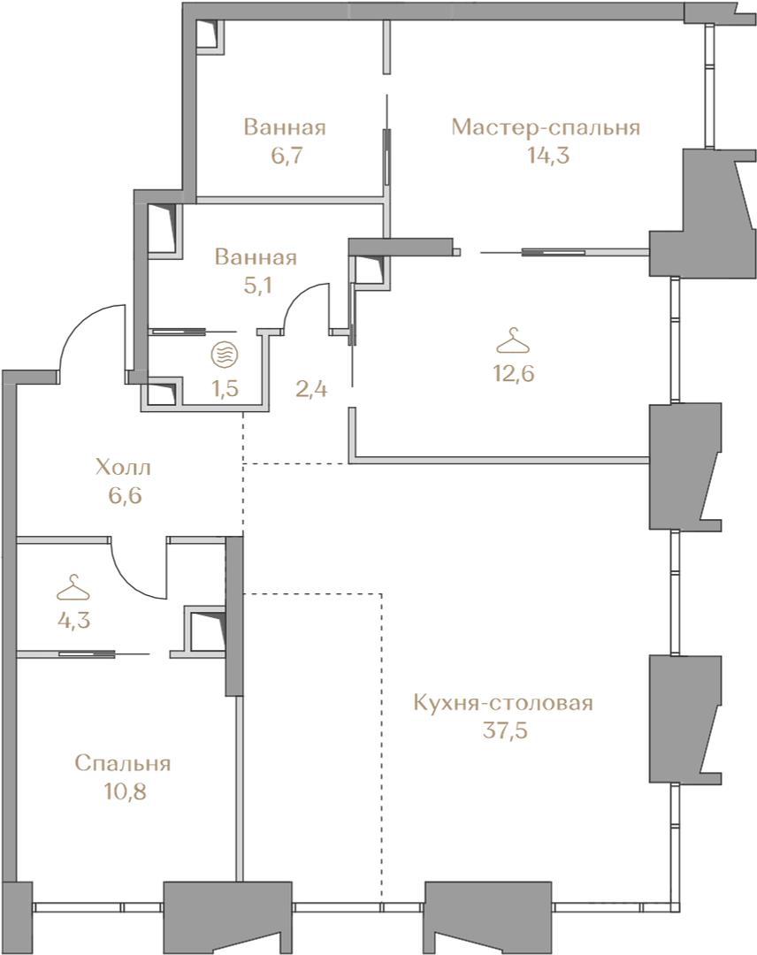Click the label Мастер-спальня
coord(546,128)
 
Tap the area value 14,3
coord(548,156)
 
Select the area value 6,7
coord(287,156)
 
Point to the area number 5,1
coord(257,285)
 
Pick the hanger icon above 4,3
coord(73,587)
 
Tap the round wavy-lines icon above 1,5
coord(222,355)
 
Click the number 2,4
coord(311,388)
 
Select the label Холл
coord(123,468)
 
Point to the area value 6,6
coord(126,496)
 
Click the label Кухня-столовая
coord(503,702)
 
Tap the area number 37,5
coord(505,730)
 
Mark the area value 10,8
coord(125,791)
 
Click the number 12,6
coord(514,373)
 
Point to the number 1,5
coord(226,388)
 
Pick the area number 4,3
coord(74,622)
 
